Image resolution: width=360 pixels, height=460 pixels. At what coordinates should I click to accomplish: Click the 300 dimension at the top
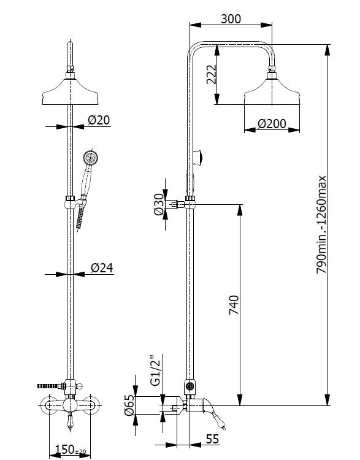(231, 19)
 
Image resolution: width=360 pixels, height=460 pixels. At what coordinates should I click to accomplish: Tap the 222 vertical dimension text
(211, 74)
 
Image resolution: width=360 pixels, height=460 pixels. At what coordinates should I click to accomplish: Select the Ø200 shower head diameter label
(272, 124)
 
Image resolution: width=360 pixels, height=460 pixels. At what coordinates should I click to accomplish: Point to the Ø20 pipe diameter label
(99, 120)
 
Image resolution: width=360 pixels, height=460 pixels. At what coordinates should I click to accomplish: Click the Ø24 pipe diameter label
(102, 267)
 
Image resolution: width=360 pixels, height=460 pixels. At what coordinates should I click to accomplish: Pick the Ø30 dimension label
(159, 204)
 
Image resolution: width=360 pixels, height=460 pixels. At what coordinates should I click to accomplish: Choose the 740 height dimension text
(234, 305)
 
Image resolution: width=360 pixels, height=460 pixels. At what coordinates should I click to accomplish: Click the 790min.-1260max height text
(321, 224)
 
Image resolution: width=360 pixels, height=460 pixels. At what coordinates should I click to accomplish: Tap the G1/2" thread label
(156, 370)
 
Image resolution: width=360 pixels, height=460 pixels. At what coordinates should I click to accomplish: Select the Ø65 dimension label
(129, 405)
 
